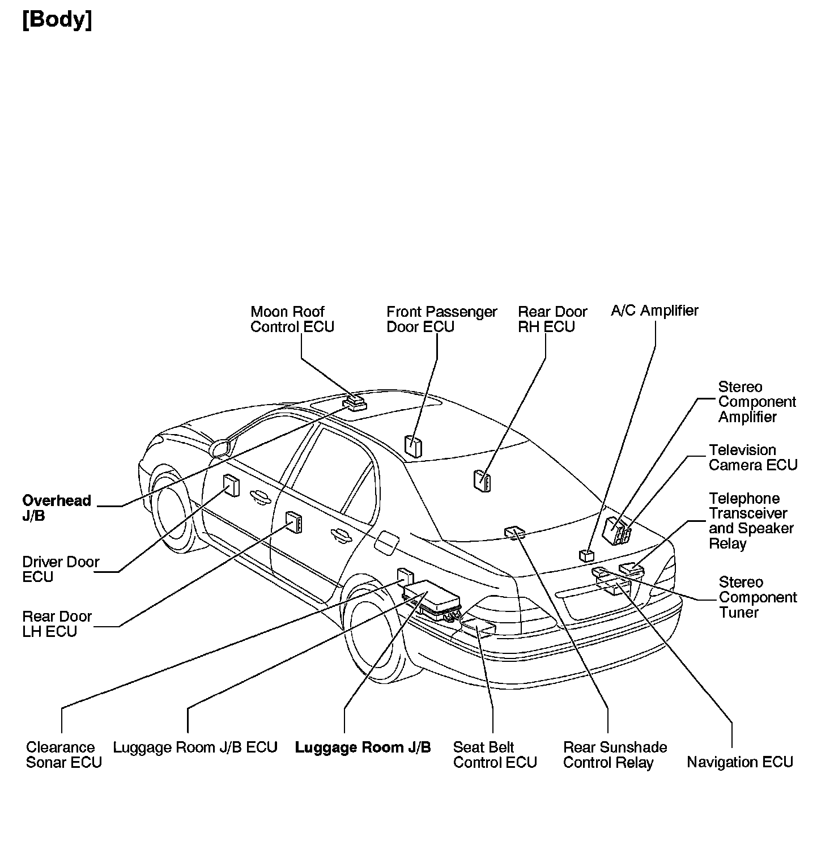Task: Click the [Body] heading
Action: coord(57,20)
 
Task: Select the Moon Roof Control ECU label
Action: coord(292,319)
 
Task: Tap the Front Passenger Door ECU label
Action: coord(441,319)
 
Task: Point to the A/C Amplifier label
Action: coord(654,311)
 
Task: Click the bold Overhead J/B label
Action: coord(56,508)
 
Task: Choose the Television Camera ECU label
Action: coord(753,457)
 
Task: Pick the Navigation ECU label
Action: coord(739,762)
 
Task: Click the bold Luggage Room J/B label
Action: coord(363,747)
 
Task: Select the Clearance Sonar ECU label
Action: coord(64,754)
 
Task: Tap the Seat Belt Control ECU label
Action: coord(495,754)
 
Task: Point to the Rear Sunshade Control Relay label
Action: coord(615,754)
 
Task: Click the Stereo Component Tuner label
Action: coord(758,597)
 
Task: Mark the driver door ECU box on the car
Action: coord(231,485)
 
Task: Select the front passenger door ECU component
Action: coord(413,445)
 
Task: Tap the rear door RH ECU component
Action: coord(482,481)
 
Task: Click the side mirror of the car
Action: coord(220,448)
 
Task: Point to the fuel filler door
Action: coord(388,543)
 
